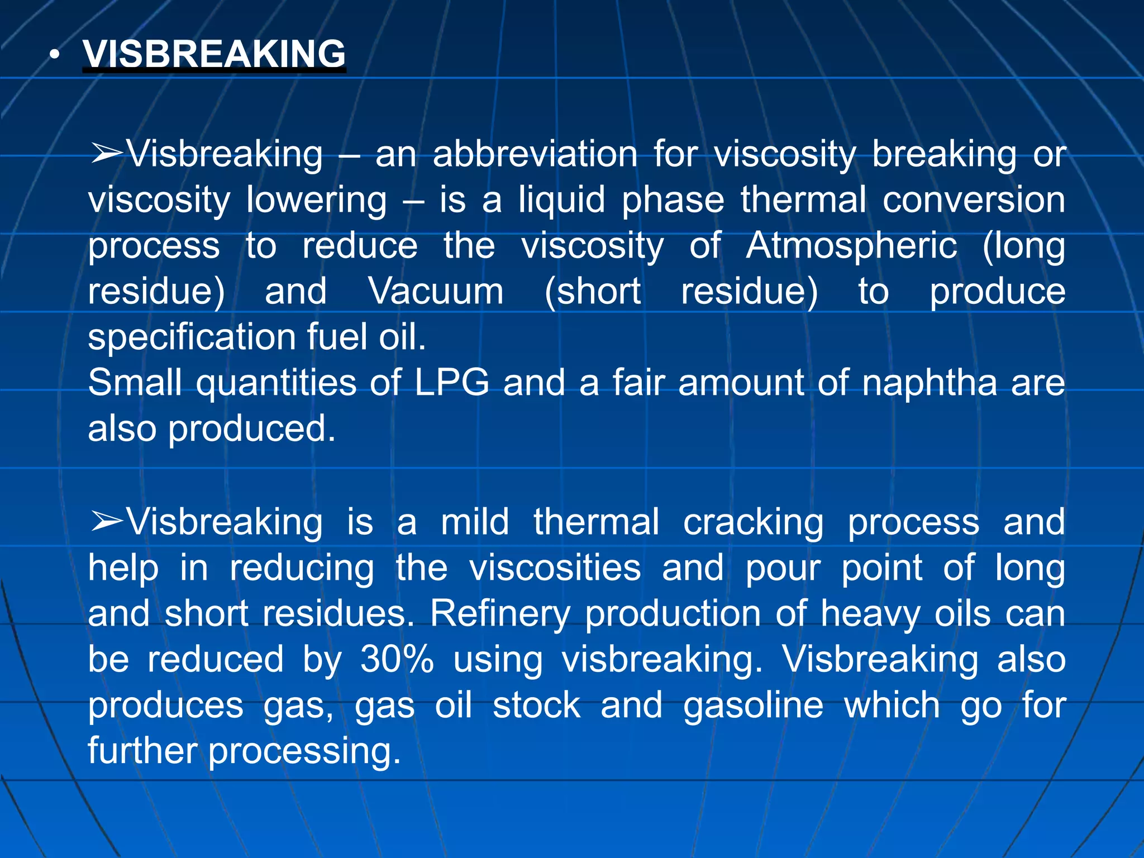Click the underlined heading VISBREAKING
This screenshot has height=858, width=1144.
(x=214, y=54)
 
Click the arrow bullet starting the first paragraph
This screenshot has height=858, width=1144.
(x=106, y=154)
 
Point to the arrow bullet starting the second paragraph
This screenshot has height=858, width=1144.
(x=106, y=521)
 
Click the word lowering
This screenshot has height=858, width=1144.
(x=317, y=201)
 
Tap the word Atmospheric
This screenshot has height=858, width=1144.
(x=851, y=246)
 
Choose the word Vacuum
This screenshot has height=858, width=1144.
(x=436, y=292)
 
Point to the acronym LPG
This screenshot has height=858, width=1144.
(x=451, y=383)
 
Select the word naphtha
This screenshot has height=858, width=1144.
(x=929, y=384)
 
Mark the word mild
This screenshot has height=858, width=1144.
(x=475, y=521)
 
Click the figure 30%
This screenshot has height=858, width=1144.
(x=397, y=659)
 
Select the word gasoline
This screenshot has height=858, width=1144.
(x=753, y=706)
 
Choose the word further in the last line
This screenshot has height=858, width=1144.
(x=142, y=750)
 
